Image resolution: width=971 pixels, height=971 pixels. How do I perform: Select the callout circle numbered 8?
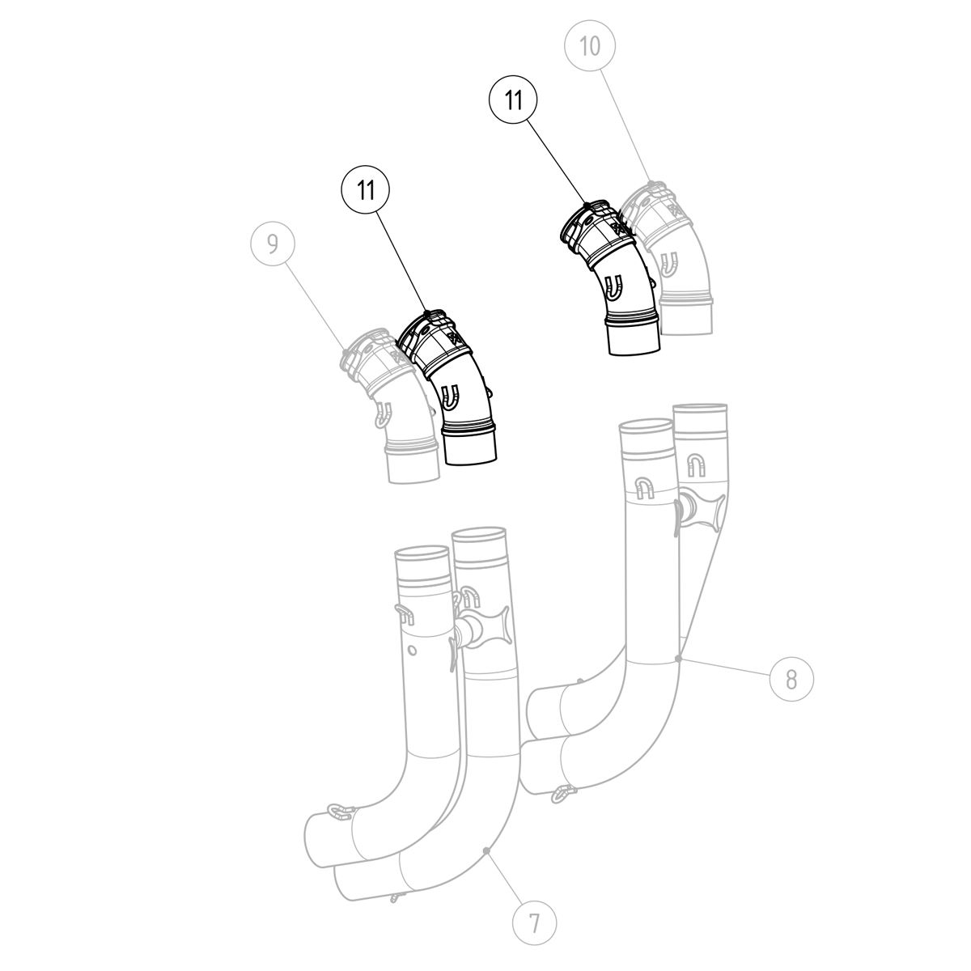[791, 678]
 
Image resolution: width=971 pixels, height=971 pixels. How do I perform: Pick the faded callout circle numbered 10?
[591, 47]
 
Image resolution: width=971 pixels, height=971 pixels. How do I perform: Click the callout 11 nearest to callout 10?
[513, 100]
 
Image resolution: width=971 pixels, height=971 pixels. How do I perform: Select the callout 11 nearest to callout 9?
[366, 190]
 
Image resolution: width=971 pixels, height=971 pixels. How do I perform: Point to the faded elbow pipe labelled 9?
[388, 405]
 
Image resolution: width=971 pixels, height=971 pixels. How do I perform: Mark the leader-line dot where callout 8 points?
[680, 659]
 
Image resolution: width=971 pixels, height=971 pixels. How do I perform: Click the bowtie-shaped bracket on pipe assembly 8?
[698, 511]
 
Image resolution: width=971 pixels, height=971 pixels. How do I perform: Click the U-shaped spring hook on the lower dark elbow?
[452, 396]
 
